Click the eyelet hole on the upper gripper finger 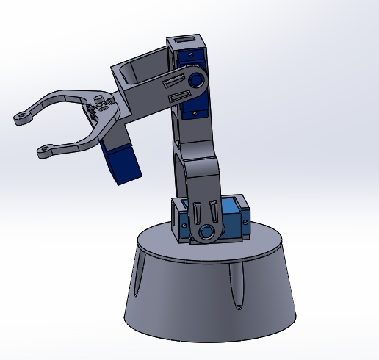(x=21, y=117)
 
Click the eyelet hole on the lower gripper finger (x=44, y=152)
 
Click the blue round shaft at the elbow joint (x=197, y=79)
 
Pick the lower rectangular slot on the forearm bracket (x=178, y=96)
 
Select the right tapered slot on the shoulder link (x=213, y=209)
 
